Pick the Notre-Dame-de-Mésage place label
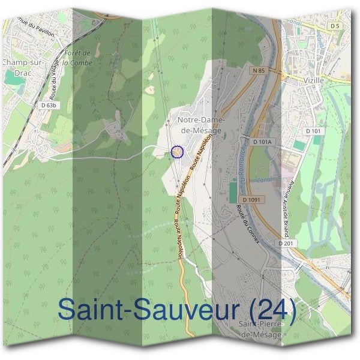(200, 124)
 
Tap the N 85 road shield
(259, 71)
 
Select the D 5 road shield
(335, 26)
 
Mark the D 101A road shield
(263, 142)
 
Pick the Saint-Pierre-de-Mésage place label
(260, 329)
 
